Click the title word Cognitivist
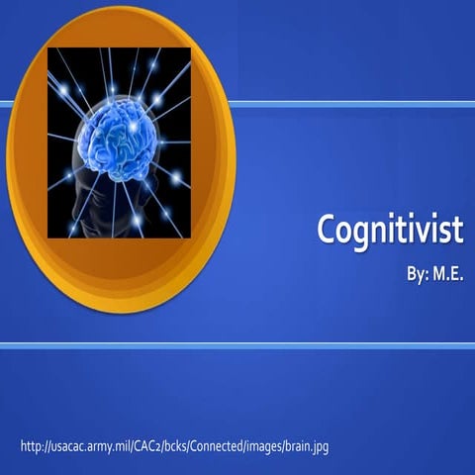click(x=390, y=231)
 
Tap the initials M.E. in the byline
click(x=444, y=271)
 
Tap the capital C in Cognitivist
click(x=327, y=230)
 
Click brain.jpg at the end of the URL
click(x=305, y=446)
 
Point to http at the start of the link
click(x=30, y=446)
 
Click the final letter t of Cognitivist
click(x=459, y=231)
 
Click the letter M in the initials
click(x=436, y=271)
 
